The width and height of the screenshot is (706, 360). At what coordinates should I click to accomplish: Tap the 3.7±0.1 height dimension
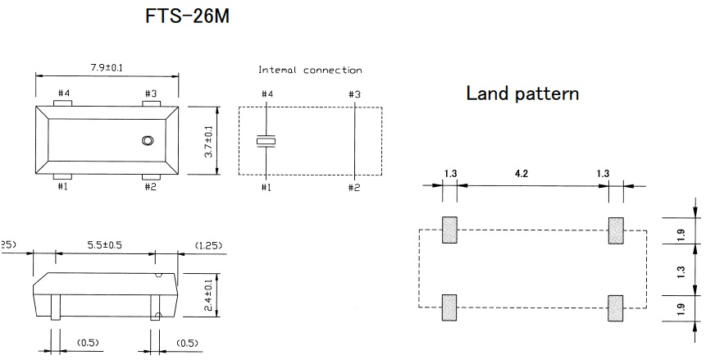[209, 140]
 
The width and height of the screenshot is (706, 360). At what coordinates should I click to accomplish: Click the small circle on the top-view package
[148, 140]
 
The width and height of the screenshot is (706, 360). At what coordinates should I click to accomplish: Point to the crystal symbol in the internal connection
[266, 141]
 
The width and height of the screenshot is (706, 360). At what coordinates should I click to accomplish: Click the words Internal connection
[310, 71]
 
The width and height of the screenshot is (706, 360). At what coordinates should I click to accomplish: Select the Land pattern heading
[522, 93]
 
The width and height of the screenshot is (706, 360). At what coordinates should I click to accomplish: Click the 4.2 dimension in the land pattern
[532, 173]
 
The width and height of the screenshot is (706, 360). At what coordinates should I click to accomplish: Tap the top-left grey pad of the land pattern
[449, 230]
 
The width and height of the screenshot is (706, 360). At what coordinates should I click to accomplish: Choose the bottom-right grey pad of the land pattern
[614, 307]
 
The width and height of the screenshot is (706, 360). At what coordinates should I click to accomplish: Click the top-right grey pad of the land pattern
[614, 230]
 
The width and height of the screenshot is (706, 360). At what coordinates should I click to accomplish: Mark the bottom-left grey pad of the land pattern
[449, 307]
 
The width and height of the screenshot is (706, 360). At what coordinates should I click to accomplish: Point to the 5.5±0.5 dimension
[106, 244]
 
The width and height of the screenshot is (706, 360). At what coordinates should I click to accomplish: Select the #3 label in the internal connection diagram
[354, 95]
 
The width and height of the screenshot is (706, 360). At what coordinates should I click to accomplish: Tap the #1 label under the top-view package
[63, 187]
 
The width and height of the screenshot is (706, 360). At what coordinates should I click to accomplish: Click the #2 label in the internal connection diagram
[354, 188]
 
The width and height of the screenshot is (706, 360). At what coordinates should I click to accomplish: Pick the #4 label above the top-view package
[63, 94]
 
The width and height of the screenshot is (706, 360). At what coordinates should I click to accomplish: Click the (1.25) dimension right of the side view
[205, 245]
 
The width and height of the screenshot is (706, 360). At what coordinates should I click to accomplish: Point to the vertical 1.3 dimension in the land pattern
[681, 268]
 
